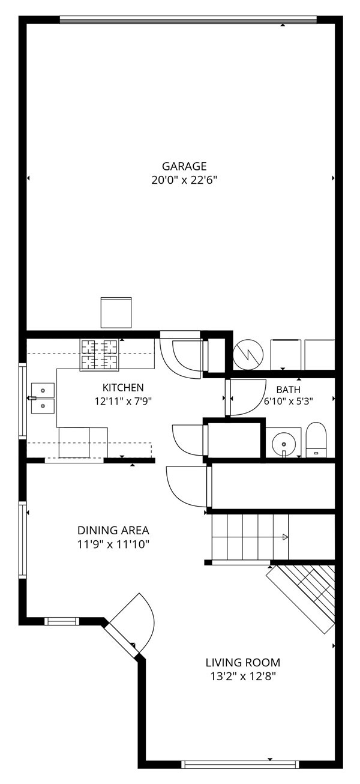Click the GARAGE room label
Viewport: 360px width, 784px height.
(184, 166)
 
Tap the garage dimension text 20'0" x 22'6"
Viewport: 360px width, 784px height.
(184, 180)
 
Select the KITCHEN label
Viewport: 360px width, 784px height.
(123, 387)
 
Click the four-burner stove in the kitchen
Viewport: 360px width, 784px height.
(100, 355)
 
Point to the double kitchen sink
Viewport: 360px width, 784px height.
(43, 398)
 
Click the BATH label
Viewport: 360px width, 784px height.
(288, 389)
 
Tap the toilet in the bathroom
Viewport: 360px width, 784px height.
(316, 439)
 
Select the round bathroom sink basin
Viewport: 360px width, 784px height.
(284, 444)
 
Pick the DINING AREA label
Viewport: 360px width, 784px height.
(113, 530)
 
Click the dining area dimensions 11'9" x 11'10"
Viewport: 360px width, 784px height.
(113, 544)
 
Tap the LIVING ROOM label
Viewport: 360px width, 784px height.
(243, 662)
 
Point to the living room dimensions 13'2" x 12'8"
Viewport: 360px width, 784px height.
(243, 676)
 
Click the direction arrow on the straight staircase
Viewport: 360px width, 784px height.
(285, 537)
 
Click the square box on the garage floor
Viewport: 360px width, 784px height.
(116, 313)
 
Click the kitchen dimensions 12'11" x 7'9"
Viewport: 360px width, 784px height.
(123, 401)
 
